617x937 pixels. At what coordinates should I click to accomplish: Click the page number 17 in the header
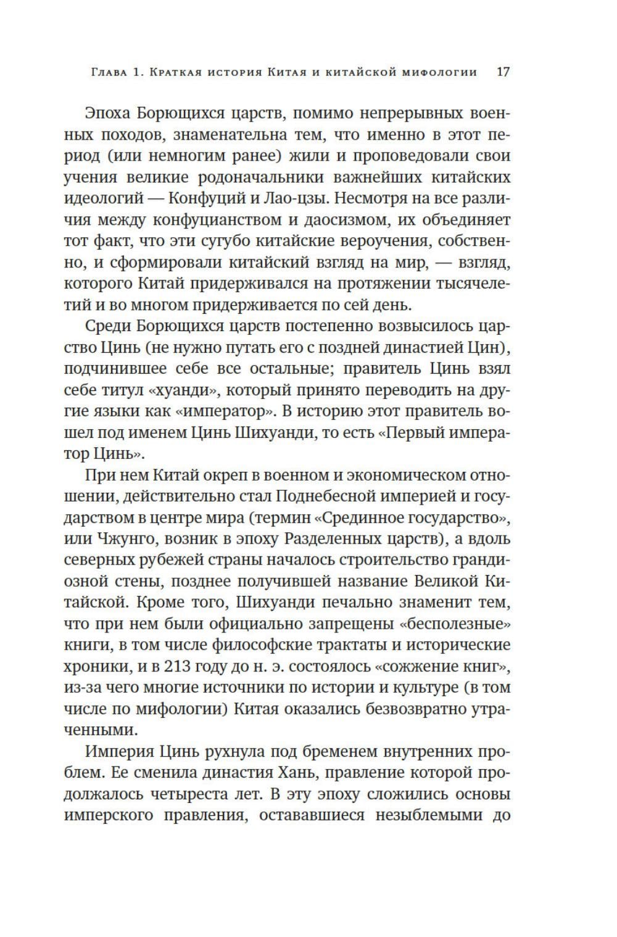tap(503, 72)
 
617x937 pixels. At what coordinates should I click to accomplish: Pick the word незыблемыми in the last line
tap(419, 815)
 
